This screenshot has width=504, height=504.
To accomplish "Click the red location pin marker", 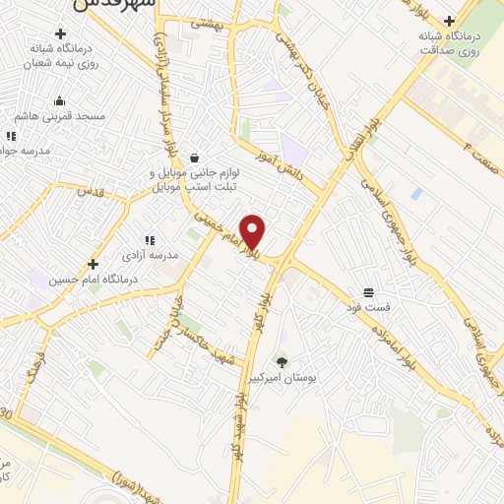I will tap(253, 232).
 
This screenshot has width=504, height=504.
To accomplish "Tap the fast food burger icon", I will tap(368, 292).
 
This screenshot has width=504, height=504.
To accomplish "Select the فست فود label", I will tap(368, 308).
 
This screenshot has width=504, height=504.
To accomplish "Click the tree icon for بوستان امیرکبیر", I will tap(283, 362).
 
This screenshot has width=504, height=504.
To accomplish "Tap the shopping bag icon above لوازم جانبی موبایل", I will tap(194, 157).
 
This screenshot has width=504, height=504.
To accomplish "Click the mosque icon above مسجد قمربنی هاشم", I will tap(59, 99).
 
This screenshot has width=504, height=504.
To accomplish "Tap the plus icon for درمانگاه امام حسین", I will tap(93, 264).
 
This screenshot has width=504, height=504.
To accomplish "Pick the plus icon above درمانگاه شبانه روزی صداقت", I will tap(449, 20).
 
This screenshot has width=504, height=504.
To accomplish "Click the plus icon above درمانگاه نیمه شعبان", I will tap(59, 33).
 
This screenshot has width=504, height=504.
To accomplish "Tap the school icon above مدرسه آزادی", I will tap(150, 239).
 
